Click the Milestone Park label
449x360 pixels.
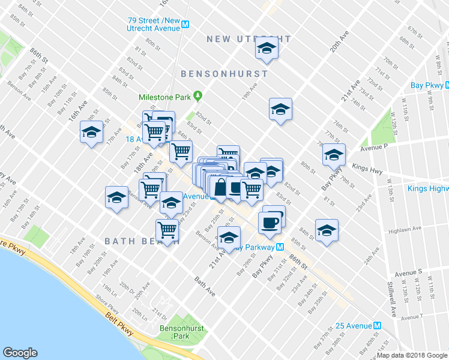coord(169,97)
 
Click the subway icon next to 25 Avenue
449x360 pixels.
coord(378,326)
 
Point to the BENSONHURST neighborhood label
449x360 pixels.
coord(224,74)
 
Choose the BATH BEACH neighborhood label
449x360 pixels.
coord(142,241)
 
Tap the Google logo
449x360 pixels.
coord(20,353)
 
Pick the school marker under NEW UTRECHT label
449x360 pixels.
coord(266,50)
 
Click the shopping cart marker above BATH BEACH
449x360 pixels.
coord(167,229)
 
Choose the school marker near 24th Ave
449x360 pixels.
coord(326,230)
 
